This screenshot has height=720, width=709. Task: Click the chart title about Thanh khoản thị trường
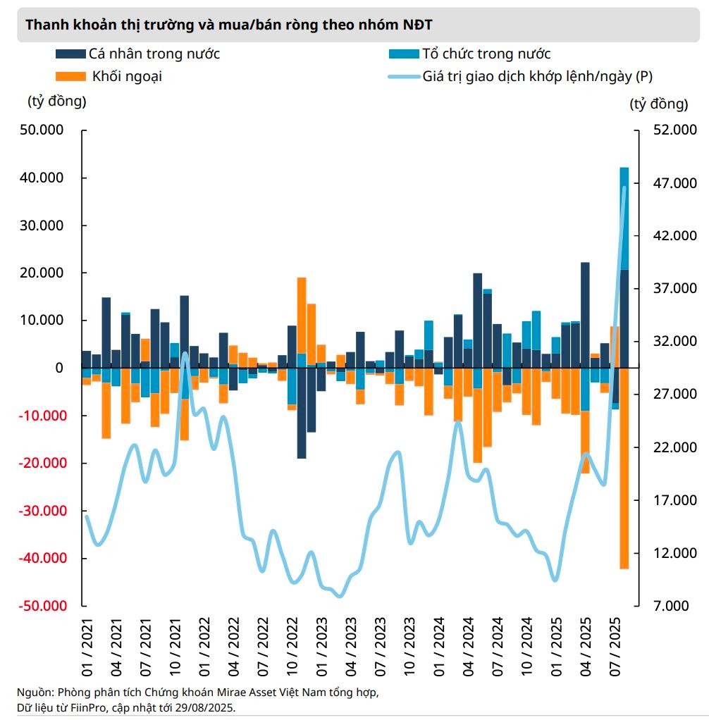[229, 25]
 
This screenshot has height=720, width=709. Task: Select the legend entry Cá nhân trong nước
[154, 54]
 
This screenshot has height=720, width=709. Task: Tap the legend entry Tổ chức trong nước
[486, 54]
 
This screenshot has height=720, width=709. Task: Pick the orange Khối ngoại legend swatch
[70, 76]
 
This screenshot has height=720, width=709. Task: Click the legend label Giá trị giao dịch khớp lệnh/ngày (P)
[542, 76]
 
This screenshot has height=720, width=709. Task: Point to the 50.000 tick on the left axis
[44, 130]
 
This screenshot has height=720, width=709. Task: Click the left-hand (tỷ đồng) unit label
[56, 101]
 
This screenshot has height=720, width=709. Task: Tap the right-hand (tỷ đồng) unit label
[658, 104]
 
